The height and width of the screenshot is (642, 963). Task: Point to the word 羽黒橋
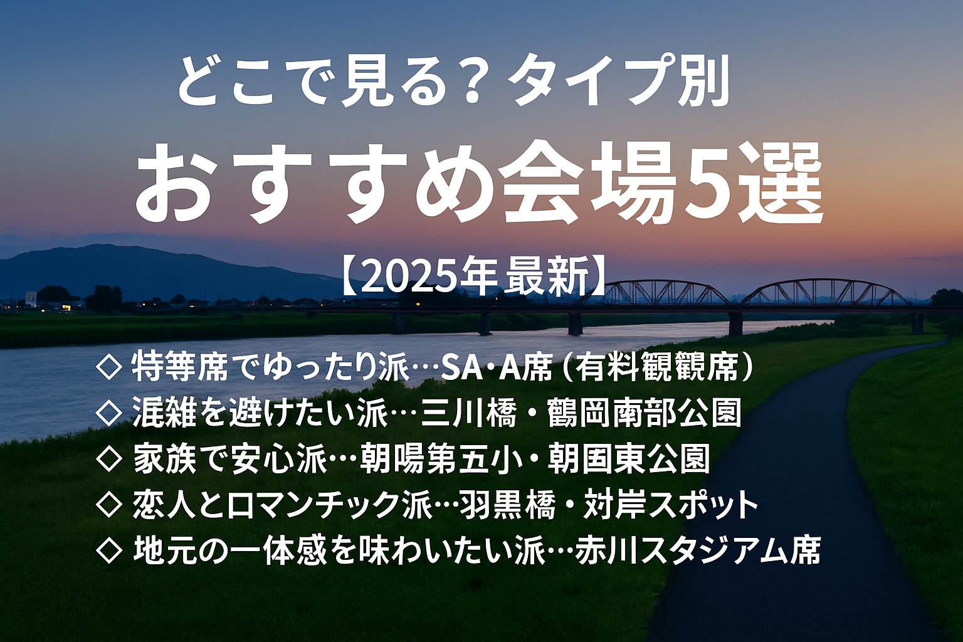pyautogui.click(x=507, y=505)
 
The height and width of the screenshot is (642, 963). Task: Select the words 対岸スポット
pyautogui.click(x=671, y=505)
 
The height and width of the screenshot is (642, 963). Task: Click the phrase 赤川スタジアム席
pyautogui.click(x=698, y=550)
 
